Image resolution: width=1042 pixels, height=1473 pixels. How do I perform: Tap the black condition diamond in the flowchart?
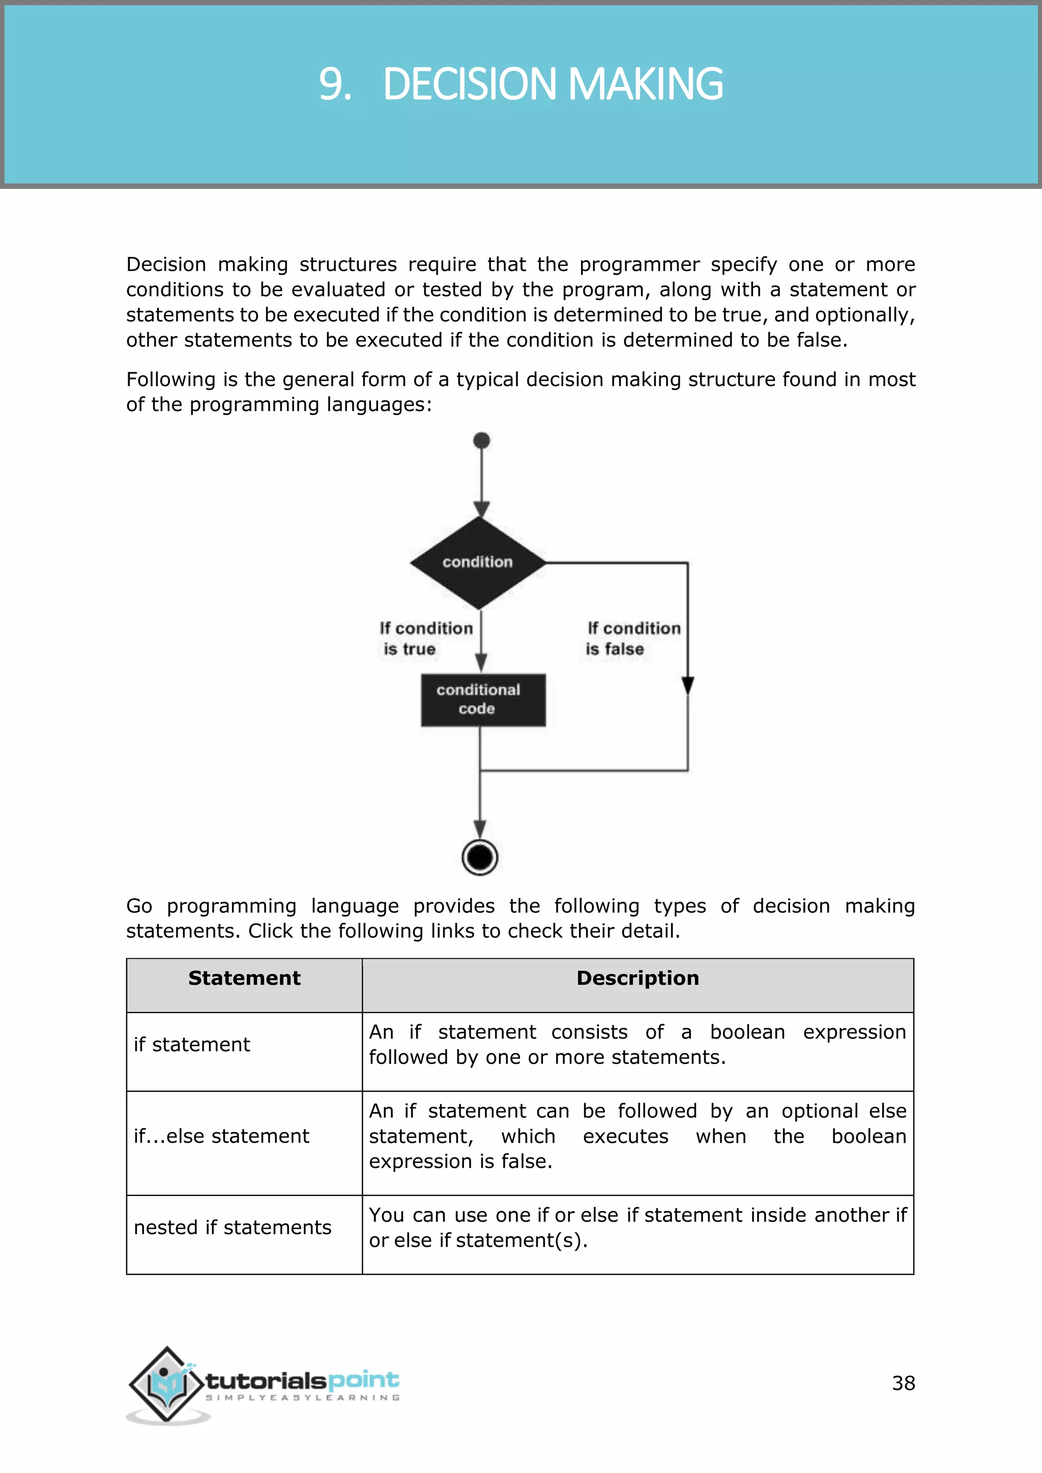pos(478,563)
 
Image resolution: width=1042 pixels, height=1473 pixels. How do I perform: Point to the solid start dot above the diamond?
pos(481,441)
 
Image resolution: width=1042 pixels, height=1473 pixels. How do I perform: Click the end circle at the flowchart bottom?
pos(480,857)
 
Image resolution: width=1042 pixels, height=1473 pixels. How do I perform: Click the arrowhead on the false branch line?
pos(688,685)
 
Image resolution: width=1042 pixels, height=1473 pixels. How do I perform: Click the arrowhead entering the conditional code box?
pos(481,663)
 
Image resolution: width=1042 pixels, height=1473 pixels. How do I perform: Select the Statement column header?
pos(244,979)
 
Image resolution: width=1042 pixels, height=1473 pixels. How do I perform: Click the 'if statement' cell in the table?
pos(192,1045)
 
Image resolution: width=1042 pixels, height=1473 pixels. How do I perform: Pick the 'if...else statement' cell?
pos(221,1136)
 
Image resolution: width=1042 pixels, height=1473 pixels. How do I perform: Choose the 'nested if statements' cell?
pos(233,1227)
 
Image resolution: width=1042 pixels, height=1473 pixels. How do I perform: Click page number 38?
pos(903,1383)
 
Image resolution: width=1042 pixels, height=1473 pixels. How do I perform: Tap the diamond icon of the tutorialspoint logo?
pos(167,1384)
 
